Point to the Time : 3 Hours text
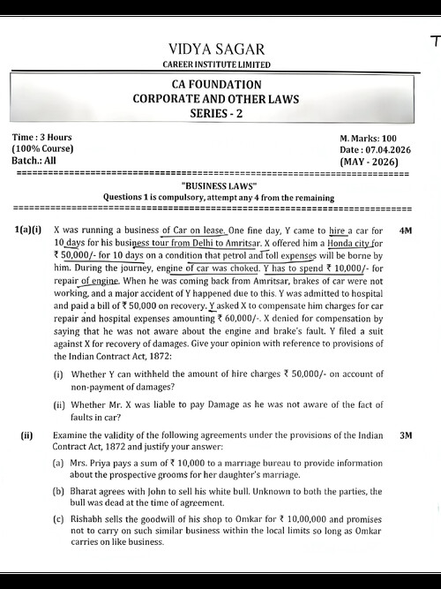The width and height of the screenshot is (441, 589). point(42,139)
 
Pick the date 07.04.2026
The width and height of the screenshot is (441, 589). point(388,150)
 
